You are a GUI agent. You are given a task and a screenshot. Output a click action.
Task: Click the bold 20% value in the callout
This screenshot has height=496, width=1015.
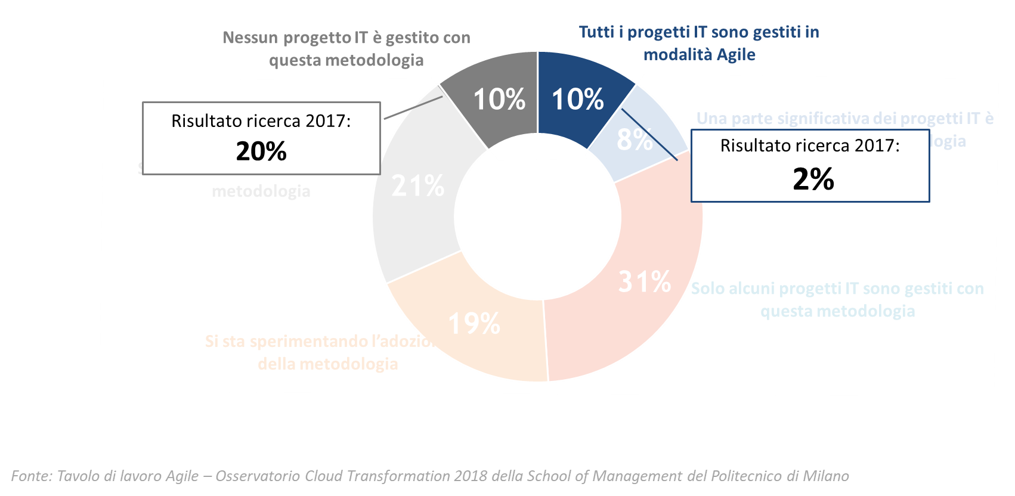click(x=261, y=151)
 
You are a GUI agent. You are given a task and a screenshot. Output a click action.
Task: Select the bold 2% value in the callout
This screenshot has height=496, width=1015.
click(x=813, y=179)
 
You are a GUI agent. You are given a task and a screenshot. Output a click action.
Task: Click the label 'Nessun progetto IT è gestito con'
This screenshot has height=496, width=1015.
click(x=346, y=38)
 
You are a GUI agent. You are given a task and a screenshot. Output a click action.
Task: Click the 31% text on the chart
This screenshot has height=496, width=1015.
click(x=645, y=281)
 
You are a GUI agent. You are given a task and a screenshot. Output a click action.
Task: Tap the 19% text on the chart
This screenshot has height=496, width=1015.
click(x=474, y=324)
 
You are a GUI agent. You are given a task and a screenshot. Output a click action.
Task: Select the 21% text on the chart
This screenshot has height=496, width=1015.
click(x=418, y=186)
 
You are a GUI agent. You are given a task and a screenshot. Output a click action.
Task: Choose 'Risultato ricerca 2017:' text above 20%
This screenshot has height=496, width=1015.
click(x=261, y=121)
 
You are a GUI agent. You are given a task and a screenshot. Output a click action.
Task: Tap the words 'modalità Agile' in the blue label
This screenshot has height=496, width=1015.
click(x=699, y=55)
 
